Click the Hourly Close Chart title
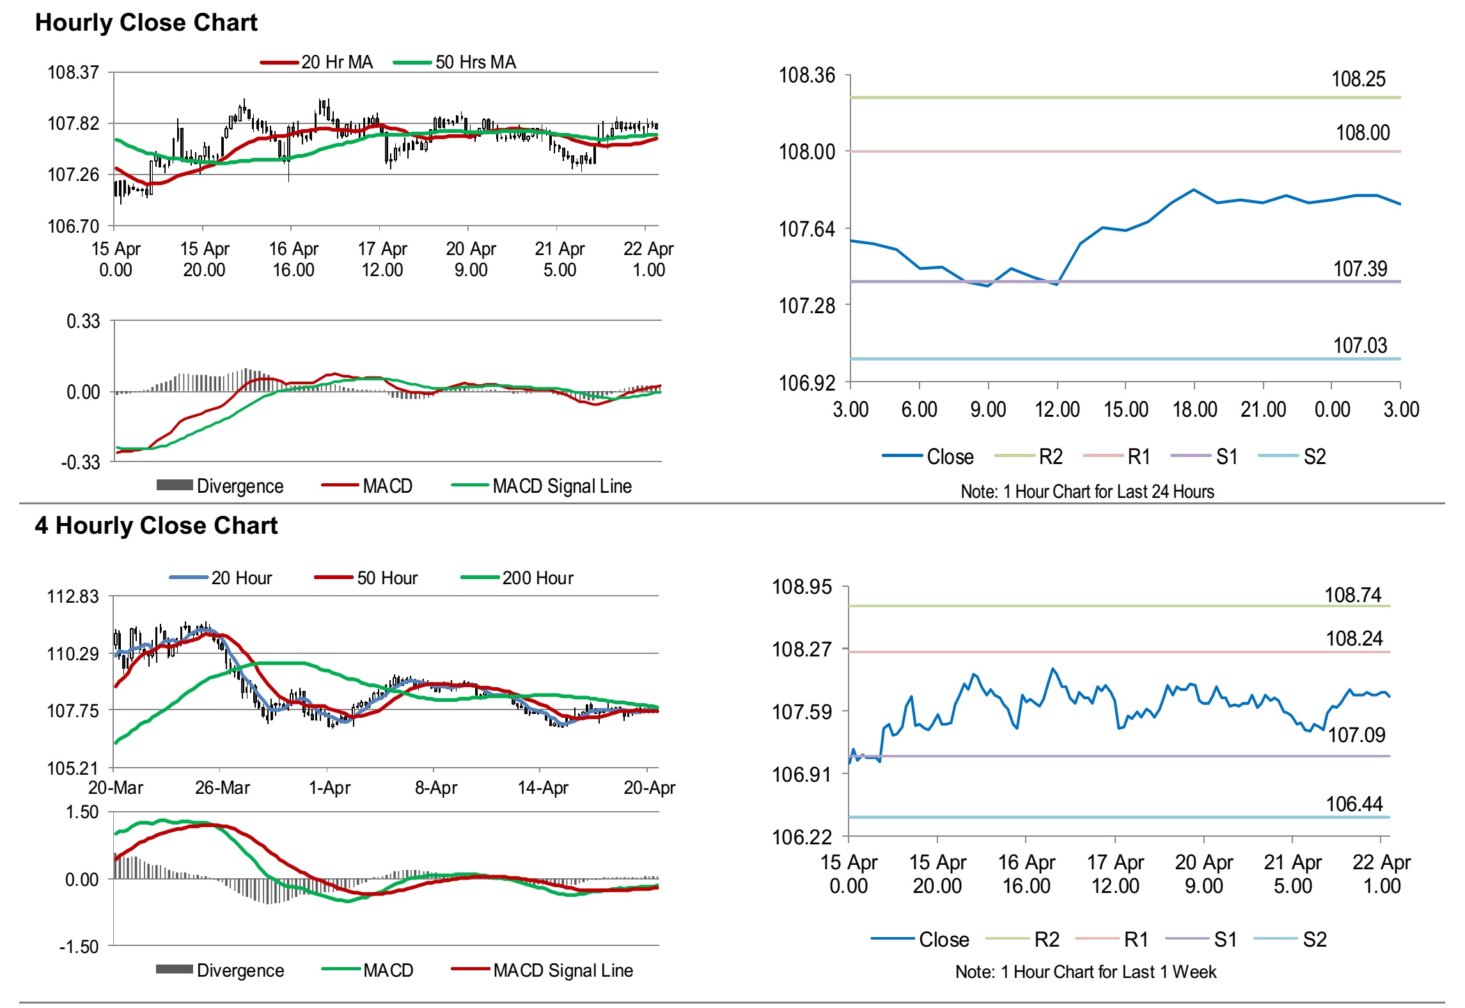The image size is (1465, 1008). tap(146, 23)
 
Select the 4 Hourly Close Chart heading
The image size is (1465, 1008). tap(156, 526)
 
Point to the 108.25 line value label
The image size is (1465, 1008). tap(1358, 80)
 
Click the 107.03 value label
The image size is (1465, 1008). tap(1359, 346)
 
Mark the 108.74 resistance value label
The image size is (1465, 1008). tap(1352, 596)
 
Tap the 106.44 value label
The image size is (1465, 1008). tap(1354, 804)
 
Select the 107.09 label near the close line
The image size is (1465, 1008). tap(1356, 736)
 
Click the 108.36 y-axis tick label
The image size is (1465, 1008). tap(806, 76)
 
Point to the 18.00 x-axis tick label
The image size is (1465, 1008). tap(1195, 410)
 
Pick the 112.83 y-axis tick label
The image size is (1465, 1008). tap(73, 597)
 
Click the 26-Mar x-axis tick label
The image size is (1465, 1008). tap(222, 788)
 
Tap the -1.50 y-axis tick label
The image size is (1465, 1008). tap(80, 947)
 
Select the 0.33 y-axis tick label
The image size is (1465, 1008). tap(83, 322)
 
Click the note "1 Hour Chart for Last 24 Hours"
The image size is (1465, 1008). tap(1087, 492)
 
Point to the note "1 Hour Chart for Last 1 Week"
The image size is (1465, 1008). tap(1086, 972)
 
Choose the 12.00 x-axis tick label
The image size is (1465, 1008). tap(1057, 410)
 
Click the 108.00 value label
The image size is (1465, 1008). tap(1362, 134)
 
